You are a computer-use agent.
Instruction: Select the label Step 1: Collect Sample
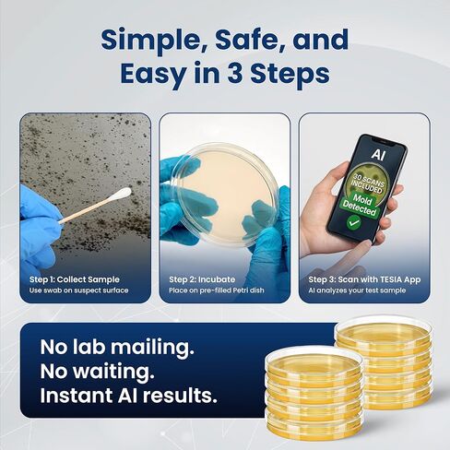[x=77, y=278]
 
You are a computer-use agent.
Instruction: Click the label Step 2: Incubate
[x=202, y=278]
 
